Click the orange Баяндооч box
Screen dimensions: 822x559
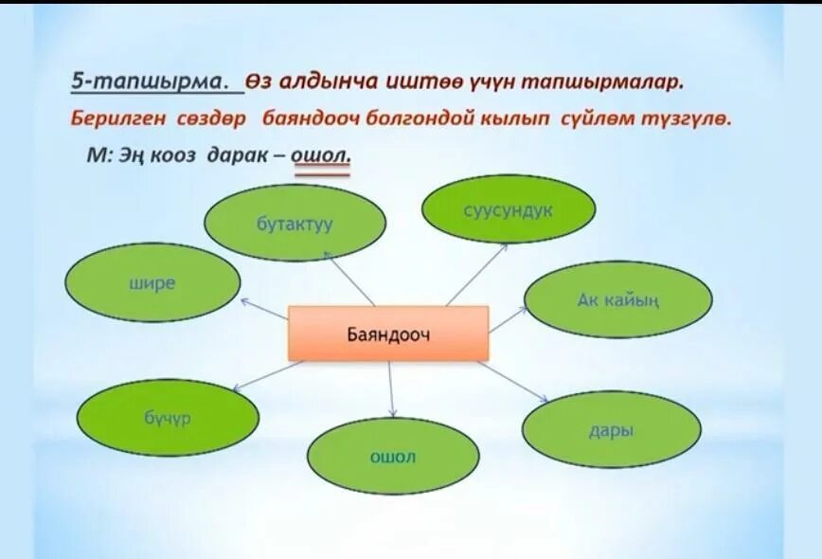(x=388, y=333)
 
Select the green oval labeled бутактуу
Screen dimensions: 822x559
(x=295, y=224)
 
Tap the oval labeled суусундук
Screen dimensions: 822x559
(x=508, y=209)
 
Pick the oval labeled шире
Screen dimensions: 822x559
(x=152, y=282)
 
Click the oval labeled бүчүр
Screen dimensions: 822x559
(x=168, y=417)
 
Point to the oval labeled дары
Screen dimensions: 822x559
(x=612, y=430)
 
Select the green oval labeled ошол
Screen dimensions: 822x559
(x=393, y=458)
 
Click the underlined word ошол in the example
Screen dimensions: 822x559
(x=321, y=155)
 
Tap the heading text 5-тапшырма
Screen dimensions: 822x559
(x=152, y=82)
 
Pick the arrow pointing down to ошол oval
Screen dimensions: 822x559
(x=391, y=388)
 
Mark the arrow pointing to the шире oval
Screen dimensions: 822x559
(x=264, y=310)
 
